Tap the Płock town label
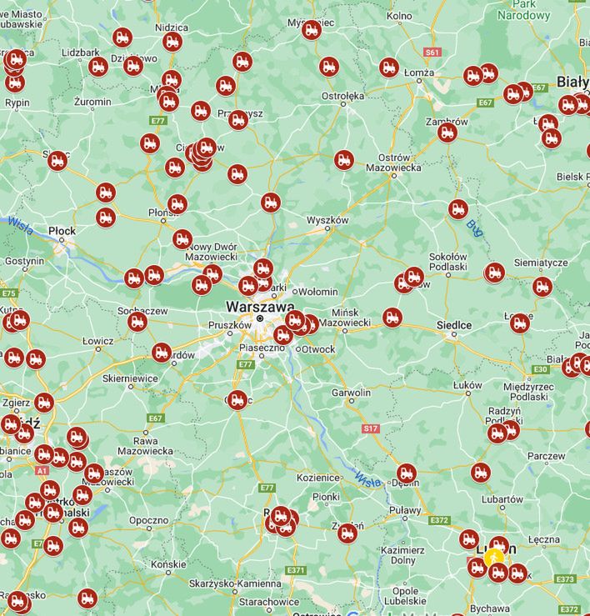tap(62, 231)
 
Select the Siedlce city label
tap(454, 324)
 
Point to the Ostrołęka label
tap(342, 96)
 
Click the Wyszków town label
tap(327, 220)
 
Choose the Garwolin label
tap(351, 392)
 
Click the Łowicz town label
tap(97, 341)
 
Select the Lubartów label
tap(502, 499)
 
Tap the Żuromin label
tap(92, 102)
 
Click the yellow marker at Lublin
tap(494, 556)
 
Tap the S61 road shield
tap(432, 52)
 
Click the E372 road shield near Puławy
tap(439, 520)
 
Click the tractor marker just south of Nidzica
tap(172, 41)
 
